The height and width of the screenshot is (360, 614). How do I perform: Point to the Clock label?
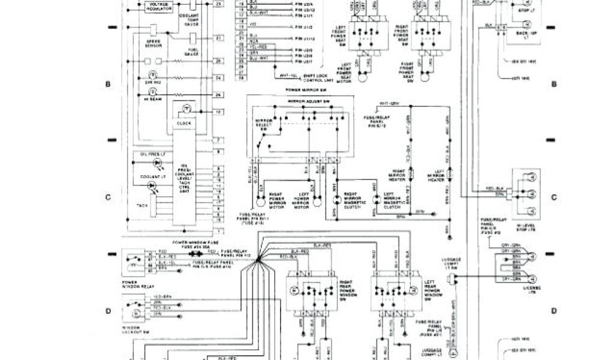click(x=184, y=124)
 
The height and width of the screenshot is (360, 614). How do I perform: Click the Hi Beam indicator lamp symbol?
click(x=152, y=92)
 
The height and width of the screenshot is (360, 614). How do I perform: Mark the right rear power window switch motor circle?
click(x=294, y=290)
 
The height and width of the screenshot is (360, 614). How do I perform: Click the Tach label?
click(x=142, y=206)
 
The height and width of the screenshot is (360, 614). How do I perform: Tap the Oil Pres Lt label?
click(x=148, y=153)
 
